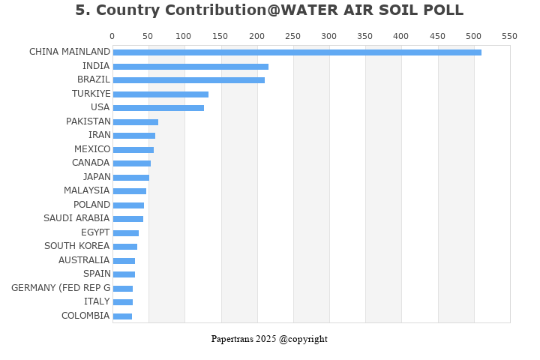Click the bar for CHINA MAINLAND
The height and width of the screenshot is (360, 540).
297,52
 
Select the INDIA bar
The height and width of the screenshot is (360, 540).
190,67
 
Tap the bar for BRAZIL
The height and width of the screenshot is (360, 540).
188,80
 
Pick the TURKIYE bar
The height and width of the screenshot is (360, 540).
160,94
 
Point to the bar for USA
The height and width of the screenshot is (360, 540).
158,108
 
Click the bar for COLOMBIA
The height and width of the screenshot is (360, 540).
122,316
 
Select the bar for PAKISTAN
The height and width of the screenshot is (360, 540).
135,122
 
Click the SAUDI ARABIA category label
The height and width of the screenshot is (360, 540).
76,218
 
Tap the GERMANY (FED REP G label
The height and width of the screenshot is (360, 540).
61,288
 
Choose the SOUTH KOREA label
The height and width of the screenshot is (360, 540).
76,246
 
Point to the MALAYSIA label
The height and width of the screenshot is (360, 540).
86,190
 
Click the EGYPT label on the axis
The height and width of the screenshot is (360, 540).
95,232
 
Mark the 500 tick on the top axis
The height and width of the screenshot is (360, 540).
473,36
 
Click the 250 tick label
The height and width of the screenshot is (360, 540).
292,36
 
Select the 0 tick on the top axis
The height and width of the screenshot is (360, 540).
112,36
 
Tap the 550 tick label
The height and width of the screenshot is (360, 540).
509,36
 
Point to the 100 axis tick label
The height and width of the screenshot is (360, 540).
184,36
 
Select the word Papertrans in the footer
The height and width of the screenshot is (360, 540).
232,339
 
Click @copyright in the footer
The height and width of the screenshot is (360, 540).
303,339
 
